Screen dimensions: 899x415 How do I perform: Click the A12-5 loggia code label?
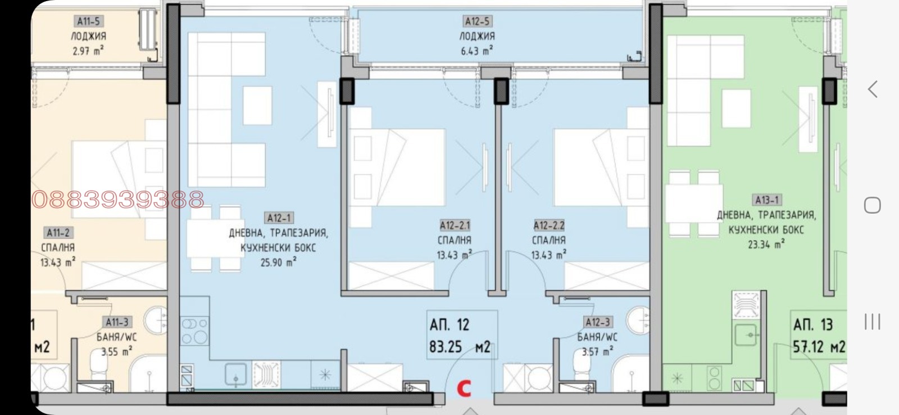coord(477,21)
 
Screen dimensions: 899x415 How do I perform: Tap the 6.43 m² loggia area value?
coord(477,51)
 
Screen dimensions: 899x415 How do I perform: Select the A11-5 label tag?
coord(88,21)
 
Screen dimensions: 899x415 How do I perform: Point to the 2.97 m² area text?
coord(88,51)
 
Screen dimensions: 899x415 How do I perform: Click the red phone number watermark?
coord(118,200)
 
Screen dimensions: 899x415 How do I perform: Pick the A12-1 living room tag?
coord(279,218)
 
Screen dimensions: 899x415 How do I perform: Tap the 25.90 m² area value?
coord(279,263)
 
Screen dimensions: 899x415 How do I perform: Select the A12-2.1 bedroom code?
coord(455,226)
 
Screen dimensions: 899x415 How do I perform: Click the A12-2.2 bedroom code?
coord(549,226)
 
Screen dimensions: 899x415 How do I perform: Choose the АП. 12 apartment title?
coord(449,324)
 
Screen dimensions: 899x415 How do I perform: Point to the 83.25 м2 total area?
coord(460,347)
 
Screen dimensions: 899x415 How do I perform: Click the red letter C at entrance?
coord(464,389)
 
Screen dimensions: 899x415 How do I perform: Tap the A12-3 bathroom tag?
coord(598,322)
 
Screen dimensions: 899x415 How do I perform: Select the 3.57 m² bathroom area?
coord(598,351)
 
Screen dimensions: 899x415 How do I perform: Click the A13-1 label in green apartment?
coord(767,200)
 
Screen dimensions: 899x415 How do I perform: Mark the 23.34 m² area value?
coord(766,244)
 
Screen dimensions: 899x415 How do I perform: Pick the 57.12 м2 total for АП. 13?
coord(819,347)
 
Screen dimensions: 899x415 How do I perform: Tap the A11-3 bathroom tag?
coord(117,322)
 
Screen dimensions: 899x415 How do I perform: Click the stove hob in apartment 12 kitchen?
coord(194,331)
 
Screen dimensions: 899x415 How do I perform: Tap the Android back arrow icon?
coord(873,89)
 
